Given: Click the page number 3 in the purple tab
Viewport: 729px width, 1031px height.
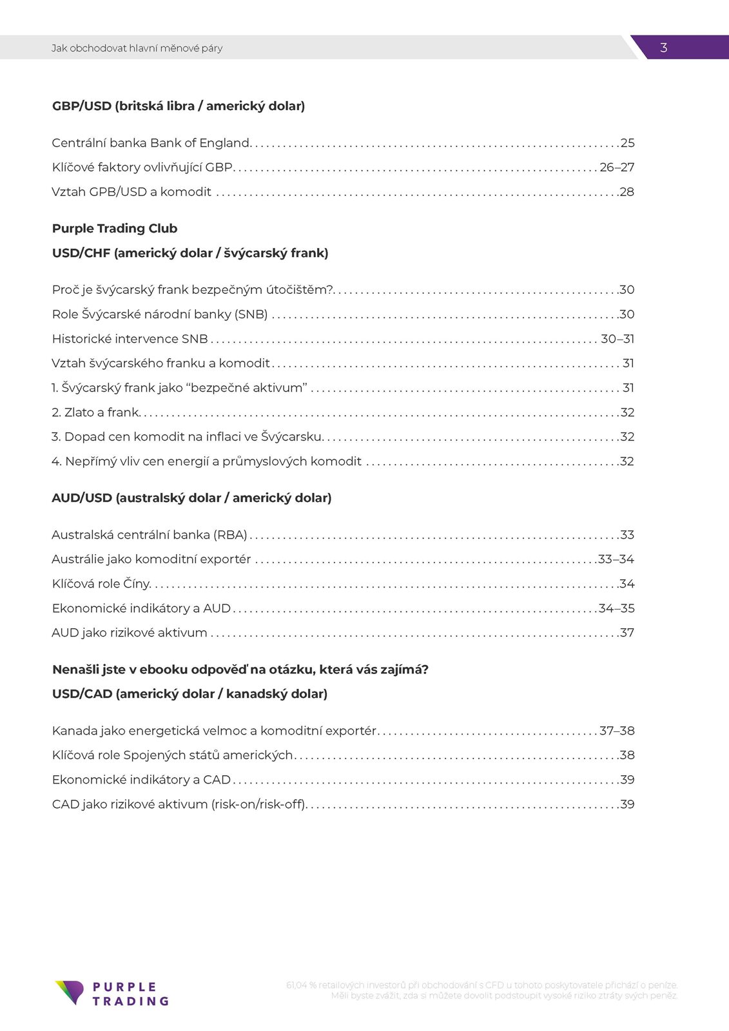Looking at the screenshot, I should click(x=663, y=48).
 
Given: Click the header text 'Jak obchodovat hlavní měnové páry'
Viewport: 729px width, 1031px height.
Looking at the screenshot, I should click(x=137, y=48).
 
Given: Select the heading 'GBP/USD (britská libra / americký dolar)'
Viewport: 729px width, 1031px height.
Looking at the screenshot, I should click(x=179, y=106).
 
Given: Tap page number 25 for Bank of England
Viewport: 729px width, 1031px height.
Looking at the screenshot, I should click(x=627, y=143).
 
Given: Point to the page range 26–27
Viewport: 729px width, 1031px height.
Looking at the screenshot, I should click(x=617, y=168).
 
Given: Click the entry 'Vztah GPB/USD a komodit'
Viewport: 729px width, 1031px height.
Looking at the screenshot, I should click(x=131, y=192).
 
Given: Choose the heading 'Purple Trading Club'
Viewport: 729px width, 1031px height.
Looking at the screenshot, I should click(x=115, y=229).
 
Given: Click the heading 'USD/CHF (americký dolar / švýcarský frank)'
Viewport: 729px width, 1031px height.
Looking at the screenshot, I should click(x=190, y=253).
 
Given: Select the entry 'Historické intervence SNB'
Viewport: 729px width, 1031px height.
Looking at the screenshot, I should click(x=130, y=339).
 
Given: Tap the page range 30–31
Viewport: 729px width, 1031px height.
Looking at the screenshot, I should click(x=617, y=339).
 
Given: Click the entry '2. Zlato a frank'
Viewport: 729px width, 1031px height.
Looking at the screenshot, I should click(x=95, y=412).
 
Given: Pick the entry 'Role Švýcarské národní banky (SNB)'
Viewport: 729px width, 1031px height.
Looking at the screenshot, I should click(x=160, y=314).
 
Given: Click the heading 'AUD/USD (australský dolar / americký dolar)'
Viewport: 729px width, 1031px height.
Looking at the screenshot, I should click(x=191, y=498).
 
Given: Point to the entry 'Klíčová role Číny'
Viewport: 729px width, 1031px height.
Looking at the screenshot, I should click(x=101, y=584).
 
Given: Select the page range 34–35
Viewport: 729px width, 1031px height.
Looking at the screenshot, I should click(x=616, y=608).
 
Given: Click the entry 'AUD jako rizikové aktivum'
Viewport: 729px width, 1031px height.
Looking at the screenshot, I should click(x=130, y=633).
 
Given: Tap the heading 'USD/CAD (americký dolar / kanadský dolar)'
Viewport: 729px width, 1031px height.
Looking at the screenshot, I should click(x=190, y=694).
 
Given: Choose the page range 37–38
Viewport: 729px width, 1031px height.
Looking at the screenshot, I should click(x=617, y=731).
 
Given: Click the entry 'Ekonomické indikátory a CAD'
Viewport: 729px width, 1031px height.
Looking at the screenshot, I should click(x=141, y=780).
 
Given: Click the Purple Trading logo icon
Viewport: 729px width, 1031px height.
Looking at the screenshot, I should click(x=70, y=992).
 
